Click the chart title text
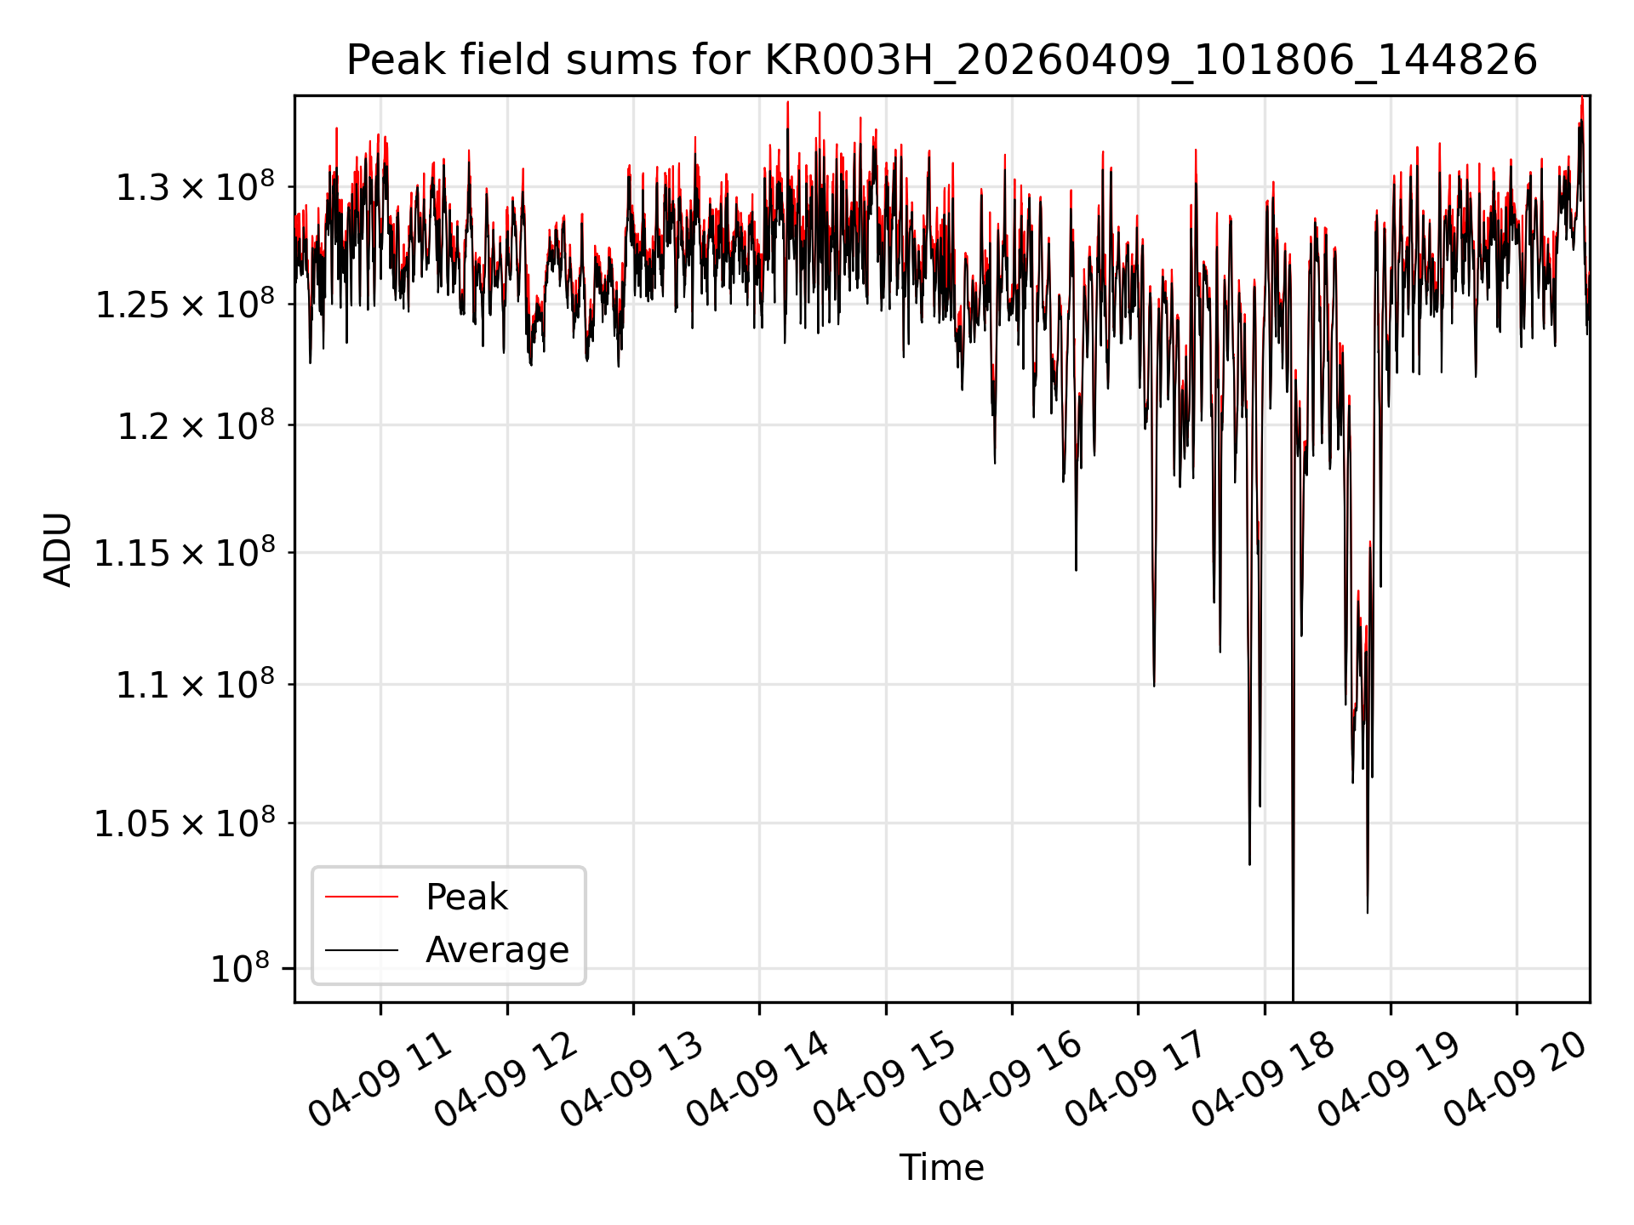coord(941,60)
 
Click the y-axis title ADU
coord(58,550)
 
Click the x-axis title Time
coord(941,1167)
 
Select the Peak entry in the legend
coord(466,897)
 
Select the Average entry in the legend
coord(497,949)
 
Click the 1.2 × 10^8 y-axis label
coord(196,424)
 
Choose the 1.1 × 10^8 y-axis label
coord(196,684)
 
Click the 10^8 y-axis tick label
coord(240,968)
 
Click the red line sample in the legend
coord(362,897)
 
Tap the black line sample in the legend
coord(362,949)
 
